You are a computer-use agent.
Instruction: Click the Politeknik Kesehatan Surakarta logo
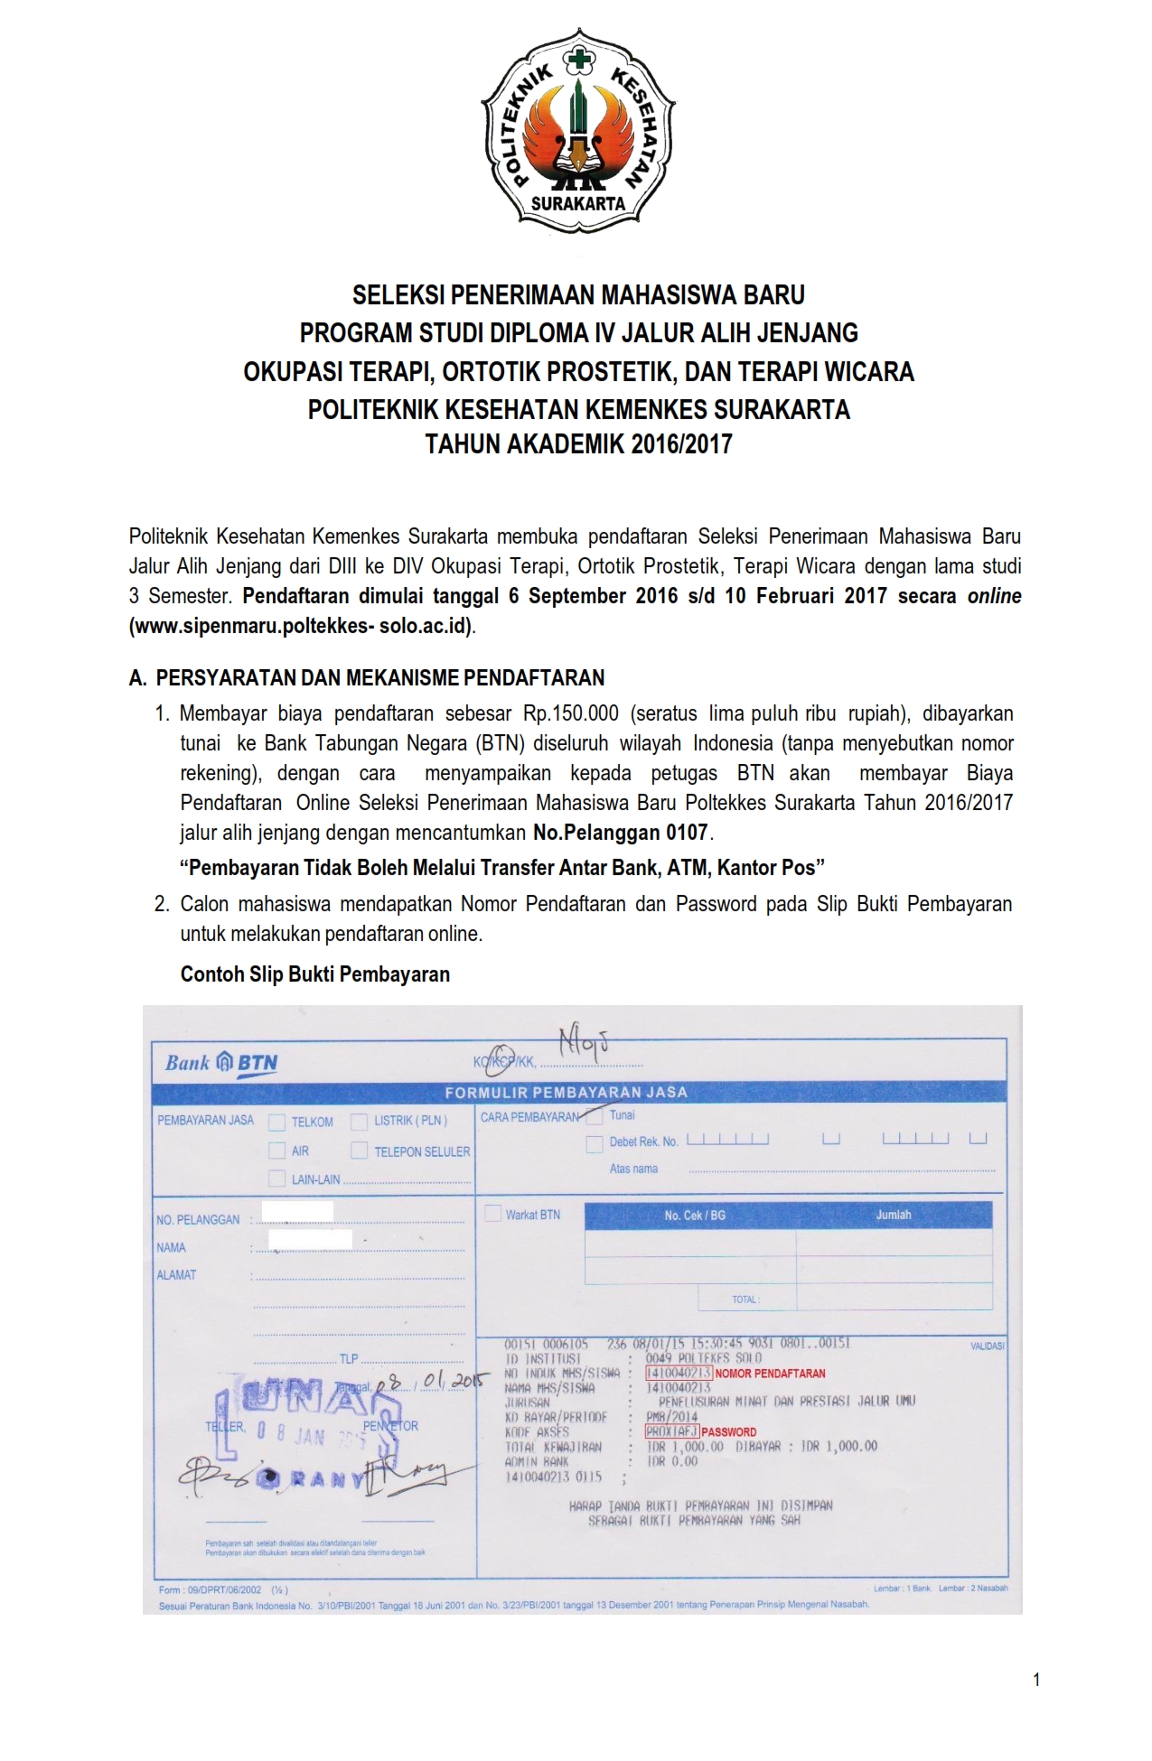[x=579, y=126]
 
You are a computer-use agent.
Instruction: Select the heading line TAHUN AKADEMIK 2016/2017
[x=578, y=445]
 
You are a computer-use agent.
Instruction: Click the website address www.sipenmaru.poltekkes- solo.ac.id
[x=302, y=627]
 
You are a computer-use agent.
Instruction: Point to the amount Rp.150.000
[x=570, y=713]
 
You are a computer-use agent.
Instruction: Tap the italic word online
[x=994, y=596]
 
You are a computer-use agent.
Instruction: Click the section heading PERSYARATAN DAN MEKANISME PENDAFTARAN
[x=379, y=678]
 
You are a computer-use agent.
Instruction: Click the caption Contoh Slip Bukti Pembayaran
[x=314, y=974]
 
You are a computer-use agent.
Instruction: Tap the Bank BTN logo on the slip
[x=221, y=1064]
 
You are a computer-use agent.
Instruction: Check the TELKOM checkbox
[x=277, y=1123]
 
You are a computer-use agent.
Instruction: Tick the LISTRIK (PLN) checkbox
[x=360, y=1122]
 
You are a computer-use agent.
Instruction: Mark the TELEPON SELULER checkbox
[x=360, y=1151]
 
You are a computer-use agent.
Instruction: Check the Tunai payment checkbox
[x=595, y=1116]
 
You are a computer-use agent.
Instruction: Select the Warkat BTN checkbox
[x=493, y=1214]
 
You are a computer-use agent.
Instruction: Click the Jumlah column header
[x=893, y=1216]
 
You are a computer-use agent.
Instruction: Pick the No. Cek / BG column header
[x=694, y=1216]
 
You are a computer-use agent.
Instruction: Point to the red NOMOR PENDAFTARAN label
[x=770, y=1374]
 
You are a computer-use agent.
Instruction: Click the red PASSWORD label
[x=728, y=1432]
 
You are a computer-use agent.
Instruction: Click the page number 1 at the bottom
[x=1036, y=1680]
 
